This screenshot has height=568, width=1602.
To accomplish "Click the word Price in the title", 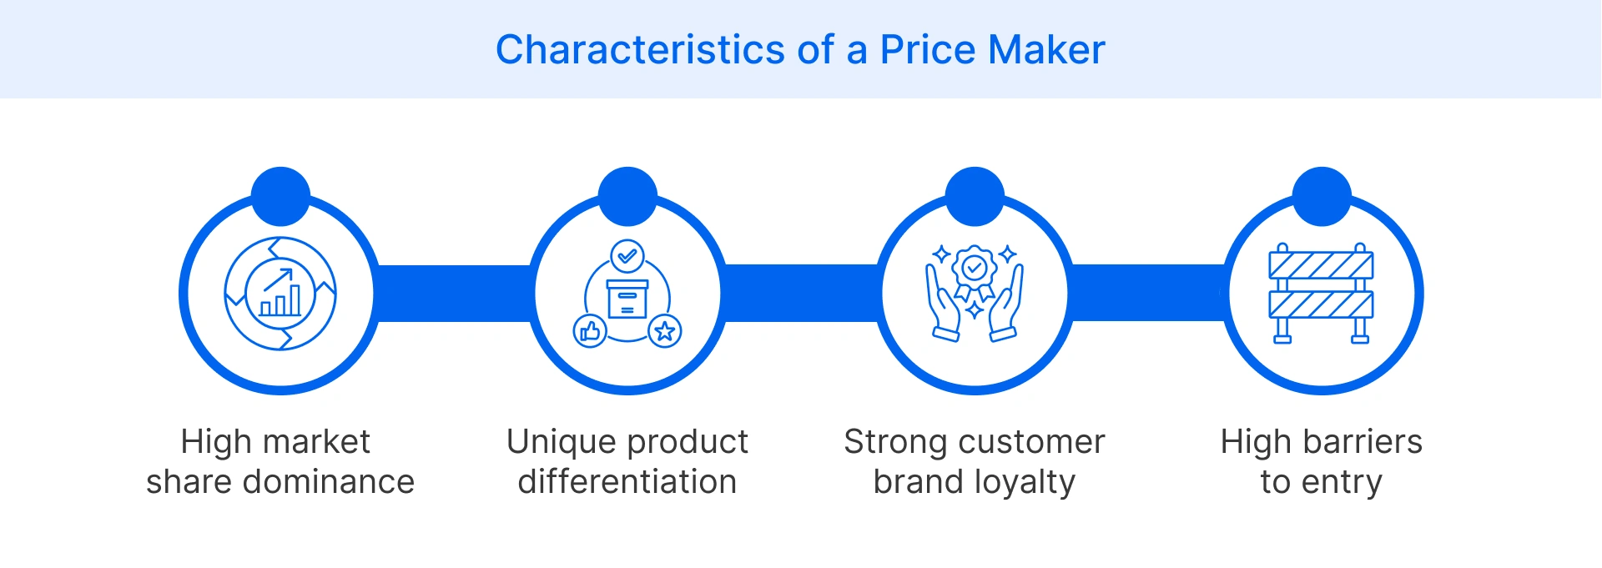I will coord(928,50).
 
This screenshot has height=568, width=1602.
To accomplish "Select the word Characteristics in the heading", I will coord(640,50).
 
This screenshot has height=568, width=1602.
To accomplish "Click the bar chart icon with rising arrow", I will coord(280,294).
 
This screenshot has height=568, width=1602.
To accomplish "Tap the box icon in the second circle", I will coord(627,299).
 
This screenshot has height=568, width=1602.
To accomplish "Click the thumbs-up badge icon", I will coord(590,331).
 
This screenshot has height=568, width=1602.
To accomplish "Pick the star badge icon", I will coord(665,331).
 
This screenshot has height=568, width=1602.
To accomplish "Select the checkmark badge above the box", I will coord(627,256).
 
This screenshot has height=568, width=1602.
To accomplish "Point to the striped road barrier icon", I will coord(1321,293).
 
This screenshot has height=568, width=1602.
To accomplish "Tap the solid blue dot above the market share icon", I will coord(280,196).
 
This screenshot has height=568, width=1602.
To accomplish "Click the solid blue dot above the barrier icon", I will coord(1322,196).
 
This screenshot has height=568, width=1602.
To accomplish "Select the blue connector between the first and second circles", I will coord(454,294).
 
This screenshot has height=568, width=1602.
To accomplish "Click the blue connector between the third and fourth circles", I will coord(1148,294).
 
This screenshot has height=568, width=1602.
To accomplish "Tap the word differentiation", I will coord(627,482).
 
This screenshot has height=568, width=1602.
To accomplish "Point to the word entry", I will coord(1345,482).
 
